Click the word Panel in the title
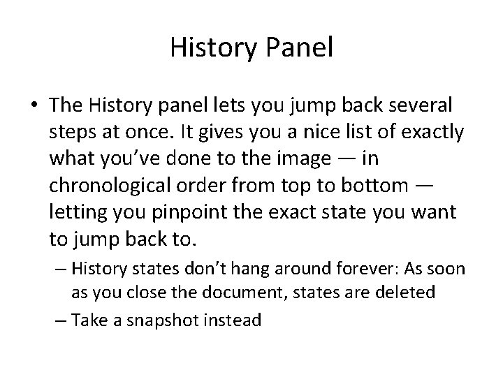coord(296,48)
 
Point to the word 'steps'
coord(71,133)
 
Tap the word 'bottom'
coord(378,186)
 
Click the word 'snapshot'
coord(166,320)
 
